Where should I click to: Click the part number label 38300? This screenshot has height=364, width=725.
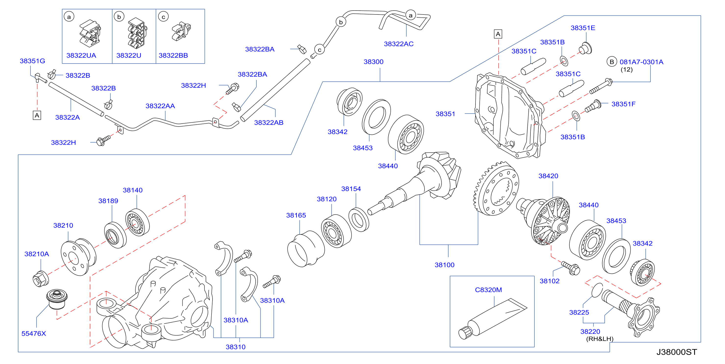pyautogui.click(x=373, y=62)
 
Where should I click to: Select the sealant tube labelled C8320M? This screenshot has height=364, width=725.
pyautogui.click(x=493, y=319)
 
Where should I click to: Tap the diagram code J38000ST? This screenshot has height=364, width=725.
pyautogui.click(x=676, y=352)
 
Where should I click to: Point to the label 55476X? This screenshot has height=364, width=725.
pyautogui.click(x=34, y=334)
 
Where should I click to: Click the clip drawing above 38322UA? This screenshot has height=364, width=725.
pyautogui.click(x=90, y=33)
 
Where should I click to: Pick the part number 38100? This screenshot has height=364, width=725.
pyautogui.click(x=444, y=265)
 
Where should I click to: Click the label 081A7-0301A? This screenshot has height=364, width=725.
pyautogui.click(x=641, y=62)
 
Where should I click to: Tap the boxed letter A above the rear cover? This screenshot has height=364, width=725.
pyautogui.click(x=498, y=34)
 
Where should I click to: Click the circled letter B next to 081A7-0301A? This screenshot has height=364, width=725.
pyautogui.click(x=612, y=62)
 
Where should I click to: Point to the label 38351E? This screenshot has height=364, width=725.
pyautogui.click(x=583, y=28)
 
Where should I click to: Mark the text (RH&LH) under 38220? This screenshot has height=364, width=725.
pyautogui.click(x=600, y=339)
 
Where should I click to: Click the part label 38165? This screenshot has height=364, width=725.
pyautogui.click(x=296, y=215)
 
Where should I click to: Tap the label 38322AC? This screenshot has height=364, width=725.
pyautogui.click(x=399, y=44)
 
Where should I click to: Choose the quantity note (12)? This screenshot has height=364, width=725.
pyautogui.click(x=627, y=70)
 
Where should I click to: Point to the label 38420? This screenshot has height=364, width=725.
pyautogui.click(x=548, y=176)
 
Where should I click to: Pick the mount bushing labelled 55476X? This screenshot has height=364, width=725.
pyautogui.click(x=57, y=299)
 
